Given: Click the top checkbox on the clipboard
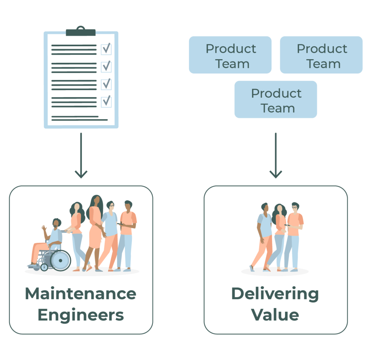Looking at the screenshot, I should [x=106, y=49].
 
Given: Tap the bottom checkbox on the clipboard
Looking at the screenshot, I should [x=106, y=101].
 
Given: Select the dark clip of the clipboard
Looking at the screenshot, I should [x=81, y=32].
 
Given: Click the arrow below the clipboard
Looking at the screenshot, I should [x=81, y=156].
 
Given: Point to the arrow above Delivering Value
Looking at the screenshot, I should [x=276, y=156].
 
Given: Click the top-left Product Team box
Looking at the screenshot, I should [x=230, y=55].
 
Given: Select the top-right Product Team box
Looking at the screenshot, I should [x=322, y=55].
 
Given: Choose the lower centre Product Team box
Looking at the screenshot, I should [x=276, y=100].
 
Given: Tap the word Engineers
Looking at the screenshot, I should [x=81, y=315].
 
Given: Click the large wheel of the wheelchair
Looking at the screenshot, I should [x=60, y=261].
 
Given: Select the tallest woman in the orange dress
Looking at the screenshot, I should [x=95, y=229].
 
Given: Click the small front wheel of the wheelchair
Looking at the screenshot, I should [x=44, y=267].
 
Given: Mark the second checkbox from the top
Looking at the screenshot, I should [x=106, y=67].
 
